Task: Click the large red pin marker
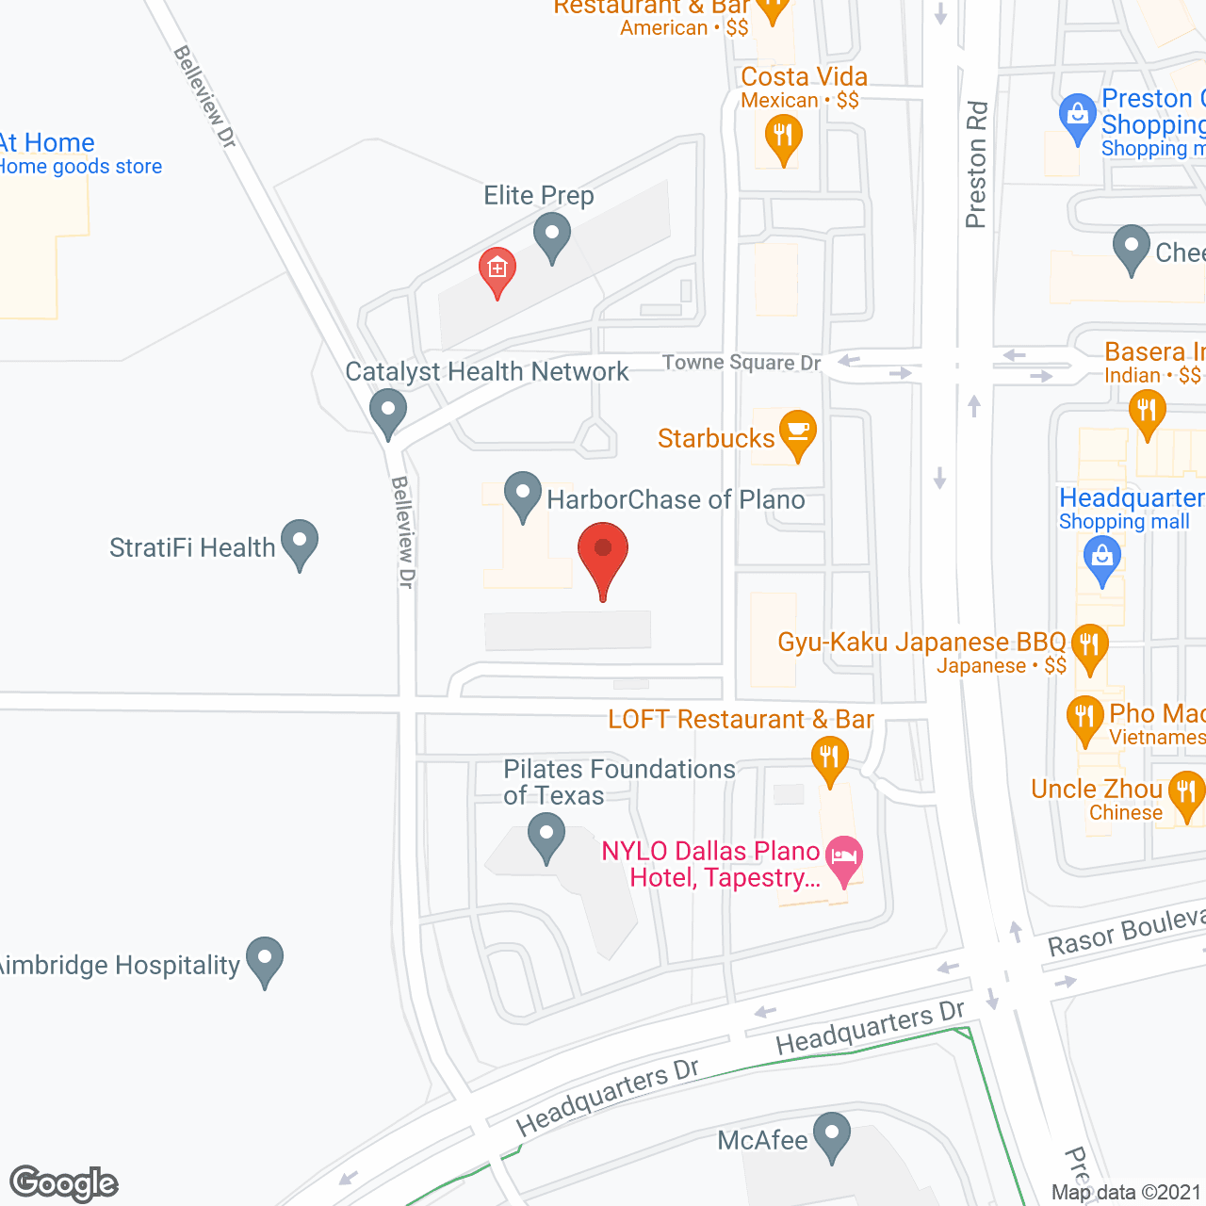click(x=603, y=557)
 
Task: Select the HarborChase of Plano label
click(x=676, y=499)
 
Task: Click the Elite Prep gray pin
click(x=552, y=235)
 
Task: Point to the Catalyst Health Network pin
click(x=387, y=413)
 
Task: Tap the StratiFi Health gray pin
click(x=300, y=543)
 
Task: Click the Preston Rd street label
click(x=976, y=165)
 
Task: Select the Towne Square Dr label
click(x=741, y=363)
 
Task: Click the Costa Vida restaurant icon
click(x=783, y=138)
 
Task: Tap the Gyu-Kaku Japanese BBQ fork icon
click(x=1089, y=646)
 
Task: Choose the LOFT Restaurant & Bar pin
click(x=829, y=758)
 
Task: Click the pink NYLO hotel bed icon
click(x=844, y=858)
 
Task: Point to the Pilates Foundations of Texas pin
click(x=546, y=836)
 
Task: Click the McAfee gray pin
click(x=832, y=1135)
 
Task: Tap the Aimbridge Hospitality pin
click(x=265, y=959)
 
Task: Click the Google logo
click(x=64, y=1183)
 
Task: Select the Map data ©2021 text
click(x=1126, y=1192)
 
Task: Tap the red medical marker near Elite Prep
click(x=497, y=269)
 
